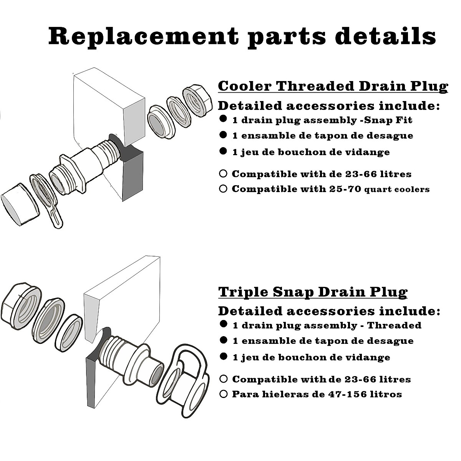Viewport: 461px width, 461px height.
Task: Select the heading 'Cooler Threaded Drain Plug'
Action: pyautogui.click(x=333, y=86)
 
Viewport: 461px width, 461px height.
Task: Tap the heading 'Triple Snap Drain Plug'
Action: pyautogui.click(x=313, y=292)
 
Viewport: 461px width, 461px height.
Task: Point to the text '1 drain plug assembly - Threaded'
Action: pyautogui.click(x=327, y=325)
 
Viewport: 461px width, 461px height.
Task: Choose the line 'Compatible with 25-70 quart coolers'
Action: pyautogui.click(x=330, y=189)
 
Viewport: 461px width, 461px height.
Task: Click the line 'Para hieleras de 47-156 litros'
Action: pyautogui.click(x=317, y=394)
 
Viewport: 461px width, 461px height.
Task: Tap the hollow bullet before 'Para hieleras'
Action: pyautogui.click(x=223, y=394)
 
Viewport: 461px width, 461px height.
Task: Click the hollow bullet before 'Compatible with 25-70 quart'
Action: pyautogui.click(x=223, y=189)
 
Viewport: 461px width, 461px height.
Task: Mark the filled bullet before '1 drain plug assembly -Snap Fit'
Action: pyautogui.click(x=223, y=119)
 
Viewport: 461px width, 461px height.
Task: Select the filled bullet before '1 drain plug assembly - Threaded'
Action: pyautogui.click(x=223, y=324)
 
